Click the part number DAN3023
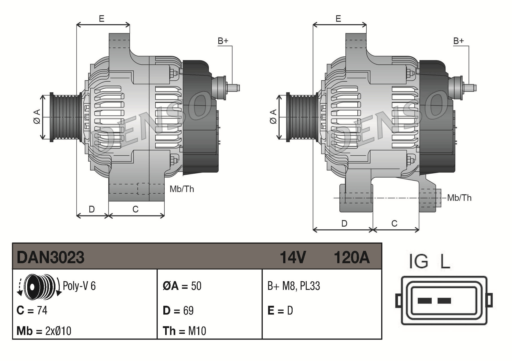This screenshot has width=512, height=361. pos(50,257)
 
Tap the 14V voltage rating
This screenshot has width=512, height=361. pos(293,257)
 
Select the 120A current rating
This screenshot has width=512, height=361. pos(352,257)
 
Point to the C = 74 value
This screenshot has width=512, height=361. pos(32,310)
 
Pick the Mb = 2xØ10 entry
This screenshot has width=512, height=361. pos(44,331)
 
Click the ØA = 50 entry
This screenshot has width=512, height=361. pos(182,286)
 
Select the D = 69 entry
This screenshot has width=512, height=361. pos(178,311)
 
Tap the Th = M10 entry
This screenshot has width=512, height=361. pos(184,331)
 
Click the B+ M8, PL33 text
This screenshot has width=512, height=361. pos(294,286)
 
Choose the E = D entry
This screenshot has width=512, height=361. pos(280,311)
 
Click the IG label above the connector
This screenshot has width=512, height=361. pos(418,261)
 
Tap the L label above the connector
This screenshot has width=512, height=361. pos(445,261)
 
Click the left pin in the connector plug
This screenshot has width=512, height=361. pos(424,301)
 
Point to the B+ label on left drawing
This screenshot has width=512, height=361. pos(223,41)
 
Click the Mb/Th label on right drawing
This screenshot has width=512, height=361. pos(459,198)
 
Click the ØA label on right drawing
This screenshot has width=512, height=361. pos(273,117)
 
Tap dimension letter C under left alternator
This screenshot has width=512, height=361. pos(135,209)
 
